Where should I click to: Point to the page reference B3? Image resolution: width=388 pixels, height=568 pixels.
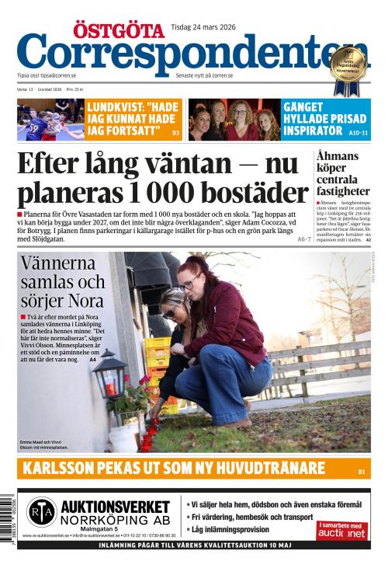[175, 134]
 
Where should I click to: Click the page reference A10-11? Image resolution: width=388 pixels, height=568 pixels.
[359, 134]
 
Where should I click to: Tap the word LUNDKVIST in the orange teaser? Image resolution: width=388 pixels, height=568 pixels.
[113, 106]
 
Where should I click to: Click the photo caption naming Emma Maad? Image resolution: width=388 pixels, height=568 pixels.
[47, 444]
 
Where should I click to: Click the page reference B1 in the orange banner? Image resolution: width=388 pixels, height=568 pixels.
[361, 472]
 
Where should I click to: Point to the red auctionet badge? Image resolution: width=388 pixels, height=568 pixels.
[341, 531]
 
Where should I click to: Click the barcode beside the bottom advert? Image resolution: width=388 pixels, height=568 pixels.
[8, 521]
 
